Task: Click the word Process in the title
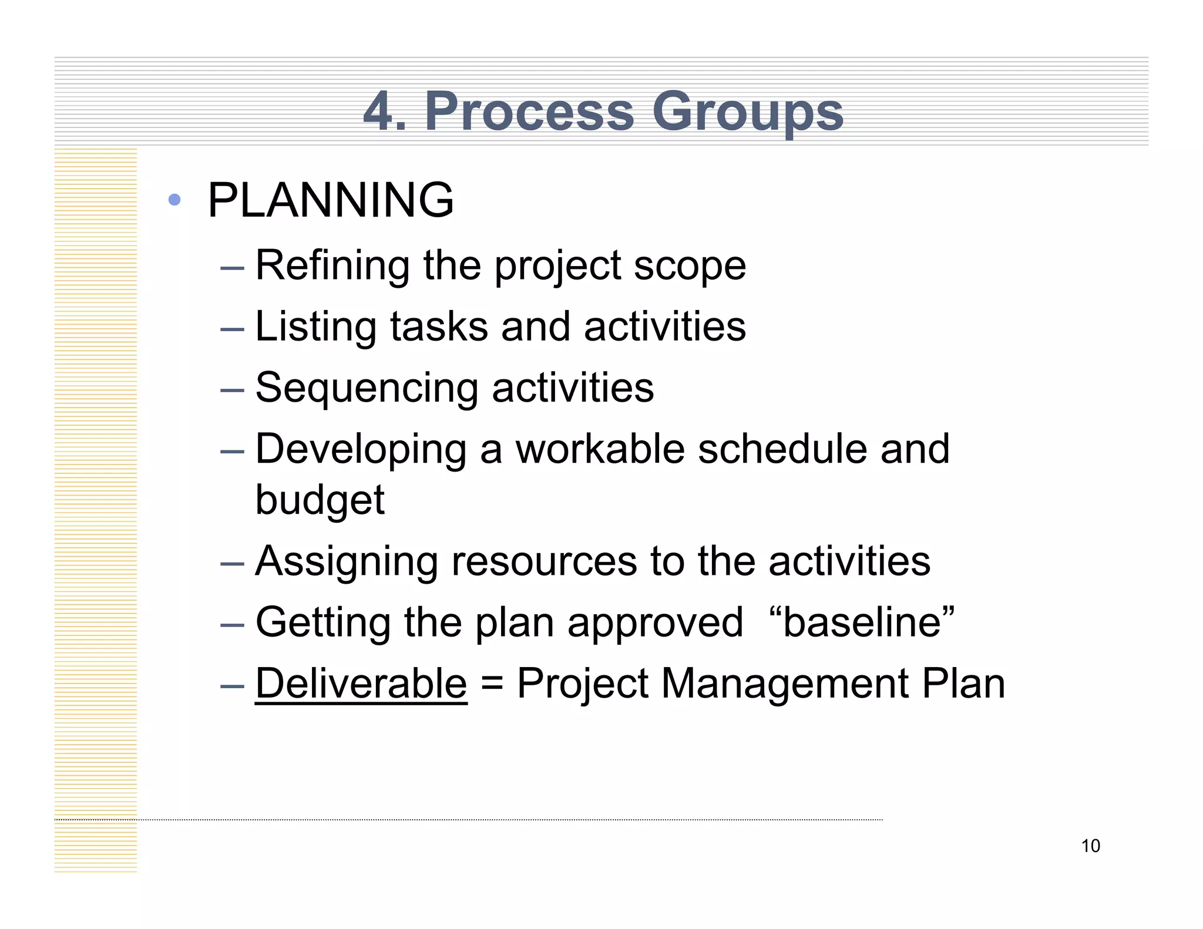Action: pyautogui.click(x=529, y=112)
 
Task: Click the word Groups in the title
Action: pyautogui.click(x=747, y=112)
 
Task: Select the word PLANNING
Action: pyautogui.click(x=331, y=200)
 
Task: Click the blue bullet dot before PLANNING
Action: pyautogui.click(x=174, y=200)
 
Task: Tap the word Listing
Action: pyautogui.click(x=315, y=327)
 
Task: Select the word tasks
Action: pyautogui.click(x=439, y=327)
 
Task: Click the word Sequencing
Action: pyautogui.click(x=367, y=389)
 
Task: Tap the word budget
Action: pyautogui.click(x=320, y=500)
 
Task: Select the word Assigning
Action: pyautogui.click(x=347, y=562)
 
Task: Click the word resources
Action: pyautogui.click(x=544, y=562)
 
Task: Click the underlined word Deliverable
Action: pyautogui.click(x=361, y=684)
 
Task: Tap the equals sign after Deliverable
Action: pyautogui.click(x=492, y=685)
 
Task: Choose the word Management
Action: pyautogui.click(x=784, y=685)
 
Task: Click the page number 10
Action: pyautogui.click(x=1090, y=846)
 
